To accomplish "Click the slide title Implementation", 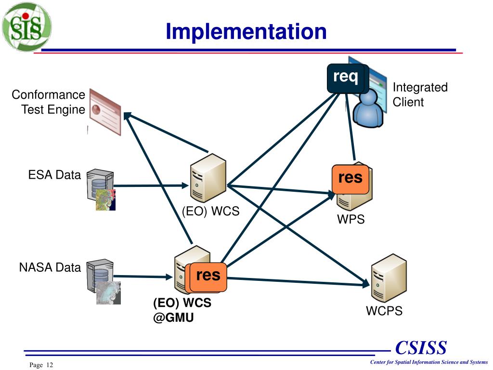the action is (x=246, y=32).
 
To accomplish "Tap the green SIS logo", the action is (x=26, y=26).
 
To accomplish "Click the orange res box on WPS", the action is (x=350, y=179).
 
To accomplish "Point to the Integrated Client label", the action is (x=420, y=94).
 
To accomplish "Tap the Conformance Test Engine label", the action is (x=49, y=102).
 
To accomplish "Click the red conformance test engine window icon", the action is (x=105, y=112).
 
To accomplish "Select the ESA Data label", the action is (x=54, y=175).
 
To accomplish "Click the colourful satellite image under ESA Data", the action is (x=105, y=200).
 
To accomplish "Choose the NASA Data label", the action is (x=50, y=267).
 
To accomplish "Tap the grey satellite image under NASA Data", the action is (x=108, y=293).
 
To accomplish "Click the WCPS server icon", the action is (x=389, y=278).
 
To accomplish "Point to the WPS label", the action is (x=351, y=219).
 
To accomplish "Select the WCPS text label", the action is (x=384, y=311).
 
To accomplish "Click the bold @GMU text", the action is (x=173, y=317).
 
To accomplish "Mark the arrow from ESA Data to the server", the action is (x=151, y=185).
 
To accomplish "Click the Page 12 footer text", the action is (x=41, y=365).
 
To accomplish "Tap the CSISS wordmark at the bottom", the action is (x=421, y=348).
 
